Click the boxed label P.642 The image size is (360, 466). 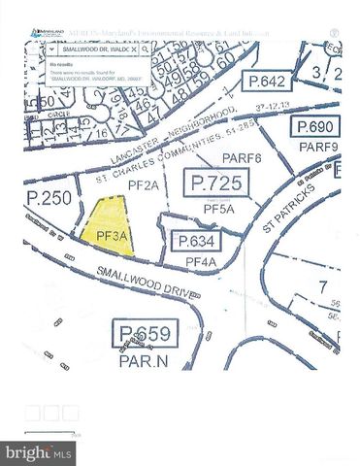pyautogui.click(x=264, y=81)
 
